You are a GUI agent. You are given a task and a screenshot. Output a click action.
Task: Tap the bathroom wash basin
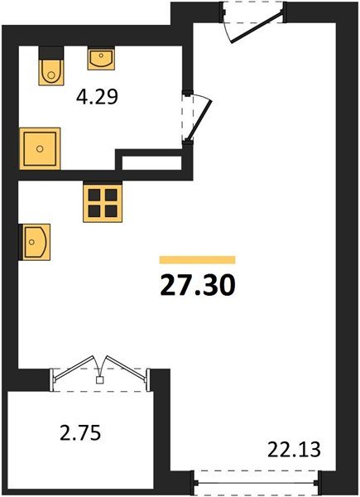coord(101,58)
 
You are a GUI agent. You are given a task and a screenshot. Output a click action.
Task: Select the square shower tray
coord(40,148)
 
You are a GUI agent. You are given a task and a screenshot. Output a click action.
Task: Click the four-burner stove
coord(103,201)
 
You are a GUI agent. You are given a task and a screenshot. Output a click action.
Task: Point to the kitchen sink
coord(35,242)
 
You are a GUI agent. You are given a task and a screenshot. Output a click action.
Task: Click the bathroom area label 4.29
coord(97,97)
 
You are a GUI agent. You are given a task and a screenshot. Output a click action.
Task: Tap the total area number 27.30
coord(198,285)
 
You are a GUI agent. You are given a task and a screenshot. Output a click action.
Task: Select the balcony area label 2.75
coord(80,432)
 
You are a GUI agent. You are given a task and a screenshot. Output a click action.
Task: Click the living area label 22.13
coord(294,449)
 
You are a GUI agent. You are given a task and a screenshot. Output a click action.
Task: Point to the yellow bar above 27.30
coord(198,259)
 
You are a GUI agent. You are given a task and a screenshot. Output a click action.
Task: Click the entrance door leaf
coord(257,27)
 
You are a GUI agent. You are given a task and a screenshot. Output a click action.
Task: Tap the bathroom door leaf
coord(199,120)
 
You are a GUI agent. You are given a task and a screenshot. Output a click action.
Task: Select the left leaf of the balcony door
coord(74,367)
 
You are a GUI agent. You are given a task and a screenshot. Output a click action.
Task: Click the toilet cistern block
coord(51,53)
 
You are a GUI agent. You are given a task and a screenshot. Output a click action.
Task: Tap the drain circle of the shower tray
coord(40,148)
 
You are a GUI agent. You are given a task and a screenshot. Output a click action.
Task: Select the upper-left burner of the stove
coord(94,195)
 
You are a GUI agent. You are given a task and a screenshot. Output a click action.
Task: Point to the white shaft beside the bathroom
coord(151,163)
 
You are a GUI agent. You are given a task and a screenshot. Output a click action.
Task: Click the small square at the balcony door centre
coord(100,380)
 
